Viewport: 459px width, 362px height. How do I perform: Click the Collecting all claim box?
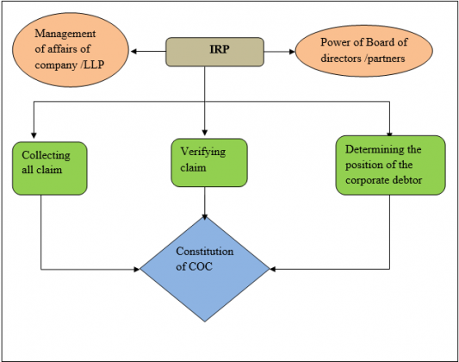(48, 168)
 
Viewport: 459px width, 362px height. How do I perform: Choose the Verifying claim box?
(209, 159)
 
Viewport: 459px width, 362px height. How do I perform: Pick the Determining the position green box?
(389, 164)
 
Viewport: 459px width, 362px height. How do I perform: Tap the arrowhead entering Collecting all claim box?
(34, 134)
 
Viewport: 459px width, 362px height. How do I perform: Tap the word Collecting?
(41, 155)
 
